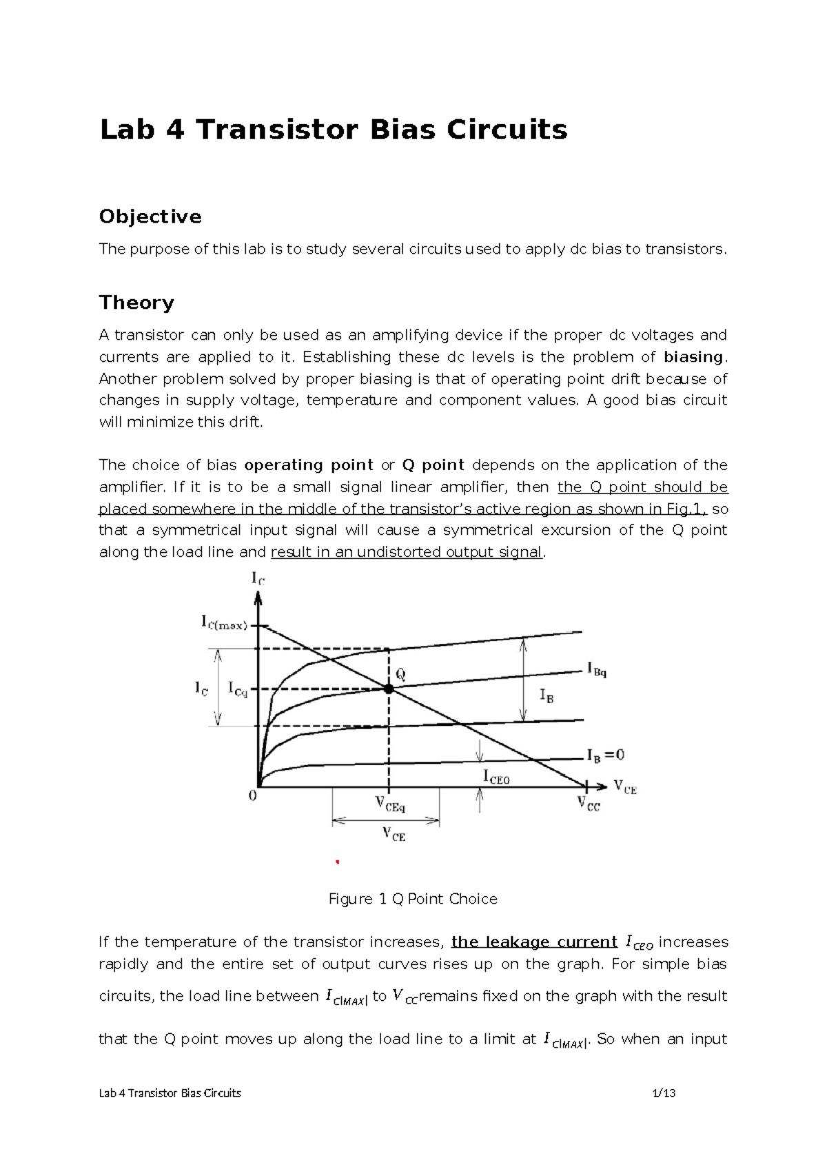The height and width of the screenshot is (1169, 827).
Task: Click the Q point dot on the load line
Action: (388, 689)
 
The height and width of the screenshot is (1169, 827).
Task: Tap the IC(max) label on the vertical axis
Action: (224, 624)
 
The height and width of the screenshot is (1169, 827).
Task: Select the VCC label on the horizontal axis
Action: (589, 804)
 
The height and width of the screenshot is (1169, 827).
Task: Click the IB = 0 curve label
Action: (606, 755)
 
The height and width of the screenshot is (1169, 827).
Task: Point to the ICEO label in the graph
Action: (496, 778)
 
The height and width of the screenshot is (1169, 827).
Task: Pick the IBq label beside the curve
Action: (597, 669)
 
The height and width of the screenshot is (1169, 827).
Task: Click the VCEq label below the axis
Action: (390, 804)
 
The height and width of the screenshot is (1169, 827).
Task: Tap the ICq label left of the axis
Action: (238, 689)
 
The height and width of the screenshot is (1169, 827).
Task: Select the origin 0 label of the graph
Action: (252, 796)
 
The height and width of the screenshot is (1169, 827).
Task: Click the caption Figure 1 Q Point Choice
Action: (413, 899)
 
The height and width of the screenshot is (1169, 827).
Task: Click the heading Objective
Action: (150, 216)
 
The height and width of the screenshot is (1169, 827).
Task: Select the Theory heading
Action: (136, 303)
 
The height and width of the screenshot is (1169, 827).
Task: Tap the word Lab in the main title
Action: (127, 130)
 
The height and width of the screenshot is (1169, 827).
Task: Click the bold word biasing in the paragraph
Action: (693, 357)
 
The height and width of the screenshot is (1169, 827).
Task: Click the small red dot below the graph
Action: (337, 862)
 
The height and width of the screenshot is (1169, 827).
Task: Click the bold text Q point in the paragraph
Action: (433, 465)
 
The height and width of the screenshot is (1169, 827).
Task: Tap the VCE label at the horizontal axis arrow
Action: (625, 786)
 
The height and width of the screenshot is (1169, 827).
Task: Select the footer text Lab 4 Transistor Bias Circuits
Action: (170, 1093)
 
